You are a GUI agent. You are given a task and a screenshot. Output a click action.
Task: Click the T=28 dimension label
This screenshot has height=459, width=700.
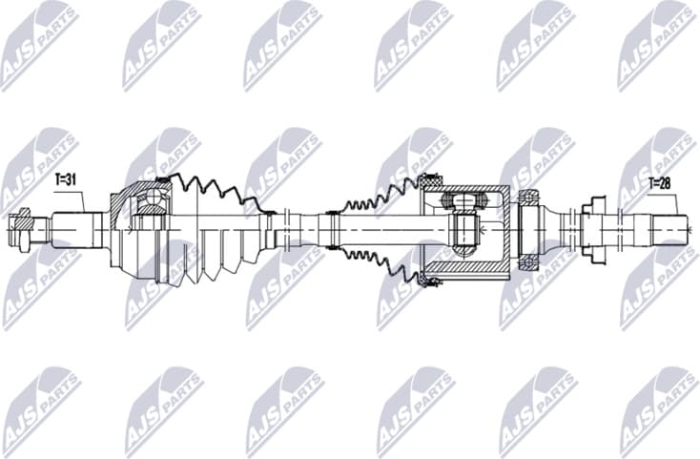(661, 180)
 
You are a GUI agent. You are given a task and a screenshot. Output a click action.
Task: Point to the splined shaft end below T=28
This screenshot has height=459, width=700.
(667, 230)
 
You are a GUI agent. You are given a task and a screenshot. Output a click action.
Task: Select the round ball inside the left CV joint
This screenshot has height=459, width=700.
(149, 199)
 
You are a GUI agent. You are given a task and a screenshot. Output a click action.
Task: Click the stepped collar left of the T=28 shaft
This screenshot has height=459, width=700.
(592, 230)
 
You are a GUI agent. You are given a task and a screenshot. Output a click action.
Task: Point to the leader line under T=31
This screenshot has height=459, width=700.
(84, 200)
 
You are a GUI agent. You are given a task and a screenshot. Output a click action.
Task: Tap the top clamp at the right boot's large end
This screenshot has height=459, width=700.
(429, 179)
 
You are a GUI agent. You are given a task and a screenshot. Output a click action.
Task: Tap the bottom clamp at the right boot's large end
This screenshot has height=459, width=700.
(431, 281)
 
